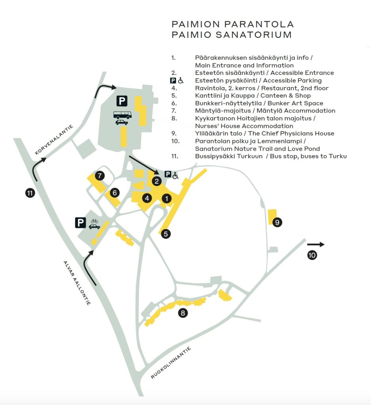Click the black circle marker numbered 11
(29, 193)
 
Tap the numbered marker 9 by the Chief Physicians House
(277, 223)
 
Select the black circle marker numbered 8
(182, 313)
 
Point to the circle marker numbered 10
(312, 255)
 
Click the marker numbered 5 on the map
(166, 234)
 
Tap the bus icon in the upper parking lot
(123, 115)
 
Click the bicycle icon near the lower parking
(95, 221)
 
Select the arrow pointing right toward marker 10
(316, 244)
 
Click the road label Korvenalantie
(54, 139)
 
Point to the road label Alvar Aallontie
(77, 282)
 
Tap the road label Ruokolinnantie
(171, 363)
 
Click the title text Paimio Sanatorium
(231, 35)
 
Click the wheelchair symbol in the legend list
(181, 81)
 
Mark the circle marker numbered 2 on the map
(157, 182)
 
